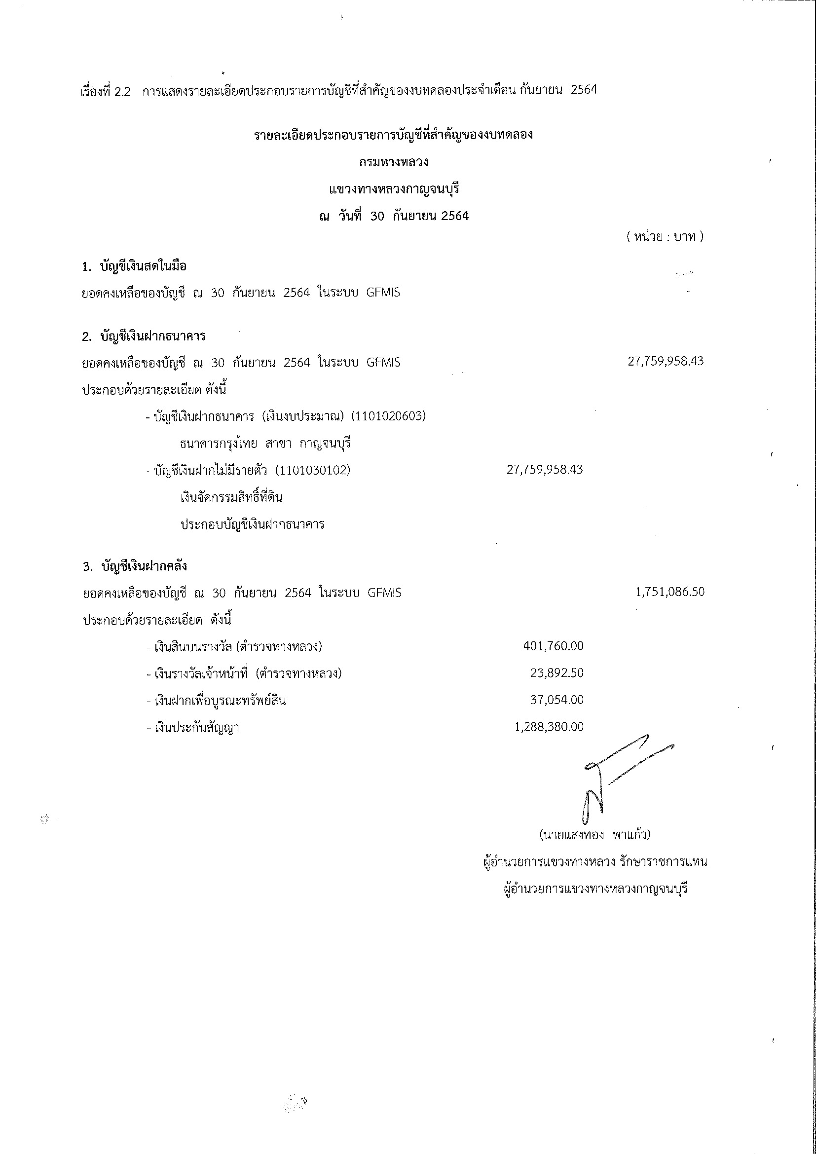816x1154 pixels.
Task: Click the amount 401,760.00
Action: click(x=553, y=646)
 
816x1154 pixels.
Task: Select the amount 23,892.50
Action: click(x=556, y=673)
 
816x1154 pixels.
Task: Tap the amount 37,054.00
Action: click(x=556, y=700)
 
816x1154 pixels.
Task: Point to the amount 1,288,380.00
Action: click(x=549, y=727)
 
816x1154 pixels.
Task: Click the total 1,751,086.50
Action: click(x=670, y=592)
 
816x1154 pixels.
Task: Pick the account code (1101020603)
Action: click(x=388, y=416)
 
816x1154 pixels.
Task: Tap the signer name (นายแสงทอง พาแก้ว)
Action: click(x=594, y=835)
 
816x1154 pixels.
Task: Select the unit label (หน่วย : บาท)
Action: click(x=665, y=236)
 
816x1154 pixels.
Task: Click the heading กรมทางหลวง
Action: click(x=393, y=162)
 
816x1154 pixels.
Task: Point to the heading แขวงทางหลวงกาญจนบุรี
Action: click(x=394, y=189)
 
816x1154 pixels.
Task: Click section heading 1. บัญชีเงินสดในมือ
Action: click(x=134, y=266)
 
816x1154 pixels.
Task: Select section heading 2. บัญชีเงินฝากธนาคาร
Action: click(x=144, y=336)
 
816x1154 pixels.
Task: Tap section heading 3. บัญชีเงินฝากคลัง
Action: click(x=135, y=566)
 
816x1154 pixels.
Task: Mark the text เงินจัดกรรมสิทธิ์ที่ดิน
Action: click(x=231, y=498)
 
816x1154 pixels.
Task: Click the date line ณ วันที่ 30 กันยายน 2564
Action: click(x=394, y=216)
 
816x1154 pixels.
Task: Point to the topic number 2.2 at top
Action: click(x=122, y=91)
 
